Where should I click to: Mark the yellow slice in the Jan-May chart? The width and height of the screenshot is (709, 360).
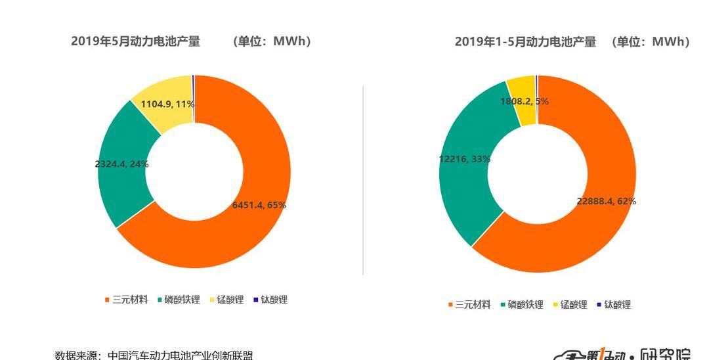[x=521, y=89]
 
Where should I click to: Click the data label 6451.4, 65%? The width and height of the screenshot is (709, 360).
[x=259, y=205]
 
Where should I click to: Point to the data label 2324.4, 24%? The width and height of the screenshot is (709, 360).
[x=121, y=164]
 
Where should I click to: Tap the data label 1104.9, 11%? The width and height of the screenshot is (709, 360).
[x=167, y=104]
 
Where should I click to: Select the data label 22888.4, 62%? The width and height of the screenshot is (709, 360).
[x=606, y=201]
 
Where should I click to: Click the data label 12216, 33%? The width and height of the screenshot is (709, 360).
[x=464, y=159]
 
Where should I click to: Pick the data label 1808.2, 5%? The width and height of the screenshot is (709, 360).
[x=524, y=102]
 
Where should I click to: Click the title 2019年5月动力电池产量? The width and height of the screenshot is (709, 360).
[x=135, y=41]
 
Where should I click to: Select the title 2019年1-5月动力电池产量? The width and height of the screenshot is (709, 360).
[x=525, y=42]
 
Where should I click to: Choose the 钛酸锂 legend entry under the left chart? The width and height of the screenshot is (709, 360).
[x=270, y=300]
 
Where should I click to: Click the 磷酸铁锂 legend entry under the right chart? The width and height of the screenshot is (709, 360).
[x=522, y=305]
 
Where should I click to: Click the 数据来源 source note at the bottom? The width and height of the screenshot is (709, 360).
[x=154, y=355]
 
